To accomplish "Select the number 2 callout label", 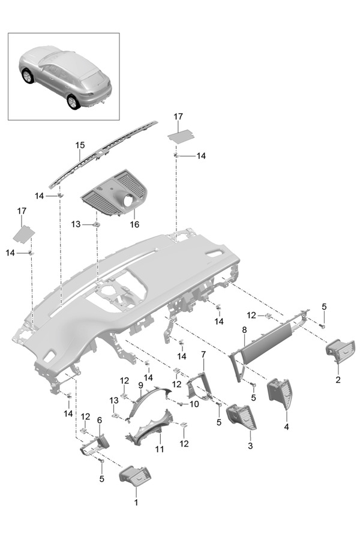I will click(x=338, y=380).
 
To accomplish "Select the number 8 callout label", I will click(x=244, y=330).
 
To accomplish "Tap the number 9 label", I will click(x=140, y=385).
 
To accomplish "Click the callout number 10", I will click(x=194, y=404).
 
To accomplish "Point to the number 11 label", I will click(x=160, y=448).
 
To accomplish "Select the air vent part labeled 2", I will click(x=340, y=350).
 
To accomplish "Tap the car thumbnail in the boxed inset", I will click(x=64, y=76).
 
